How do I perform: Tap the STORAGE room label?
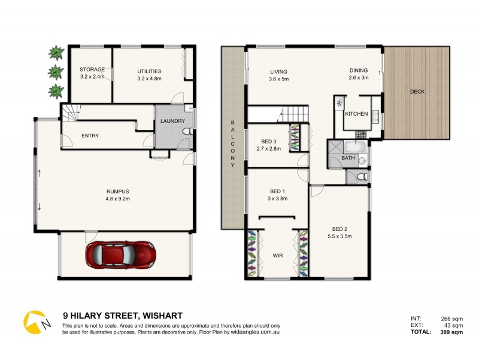[x=92, y=73]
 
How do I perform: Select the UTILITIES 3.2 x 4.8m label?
[x=149, y=74]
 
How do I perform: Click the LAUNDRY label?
[x=173, y=122]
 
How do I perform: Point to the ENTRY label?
[x=89, y=136]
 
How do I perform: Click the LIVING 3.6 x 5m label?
[x=278, y=74]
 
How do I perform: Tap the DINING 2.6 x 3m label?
[x=359, y=74]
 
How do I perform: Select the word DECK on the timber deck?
[x=417, y=92]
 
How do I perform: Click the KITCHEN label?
[x=356, y=114]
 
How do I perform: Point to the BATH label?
[x=348, y=158]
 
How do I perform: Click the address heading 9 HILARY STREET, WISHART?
[x=123, y=315]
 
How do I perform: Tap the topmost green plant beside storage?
[x=56, y=53]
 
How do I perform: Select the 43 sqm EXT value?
[x=453, y=325]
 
